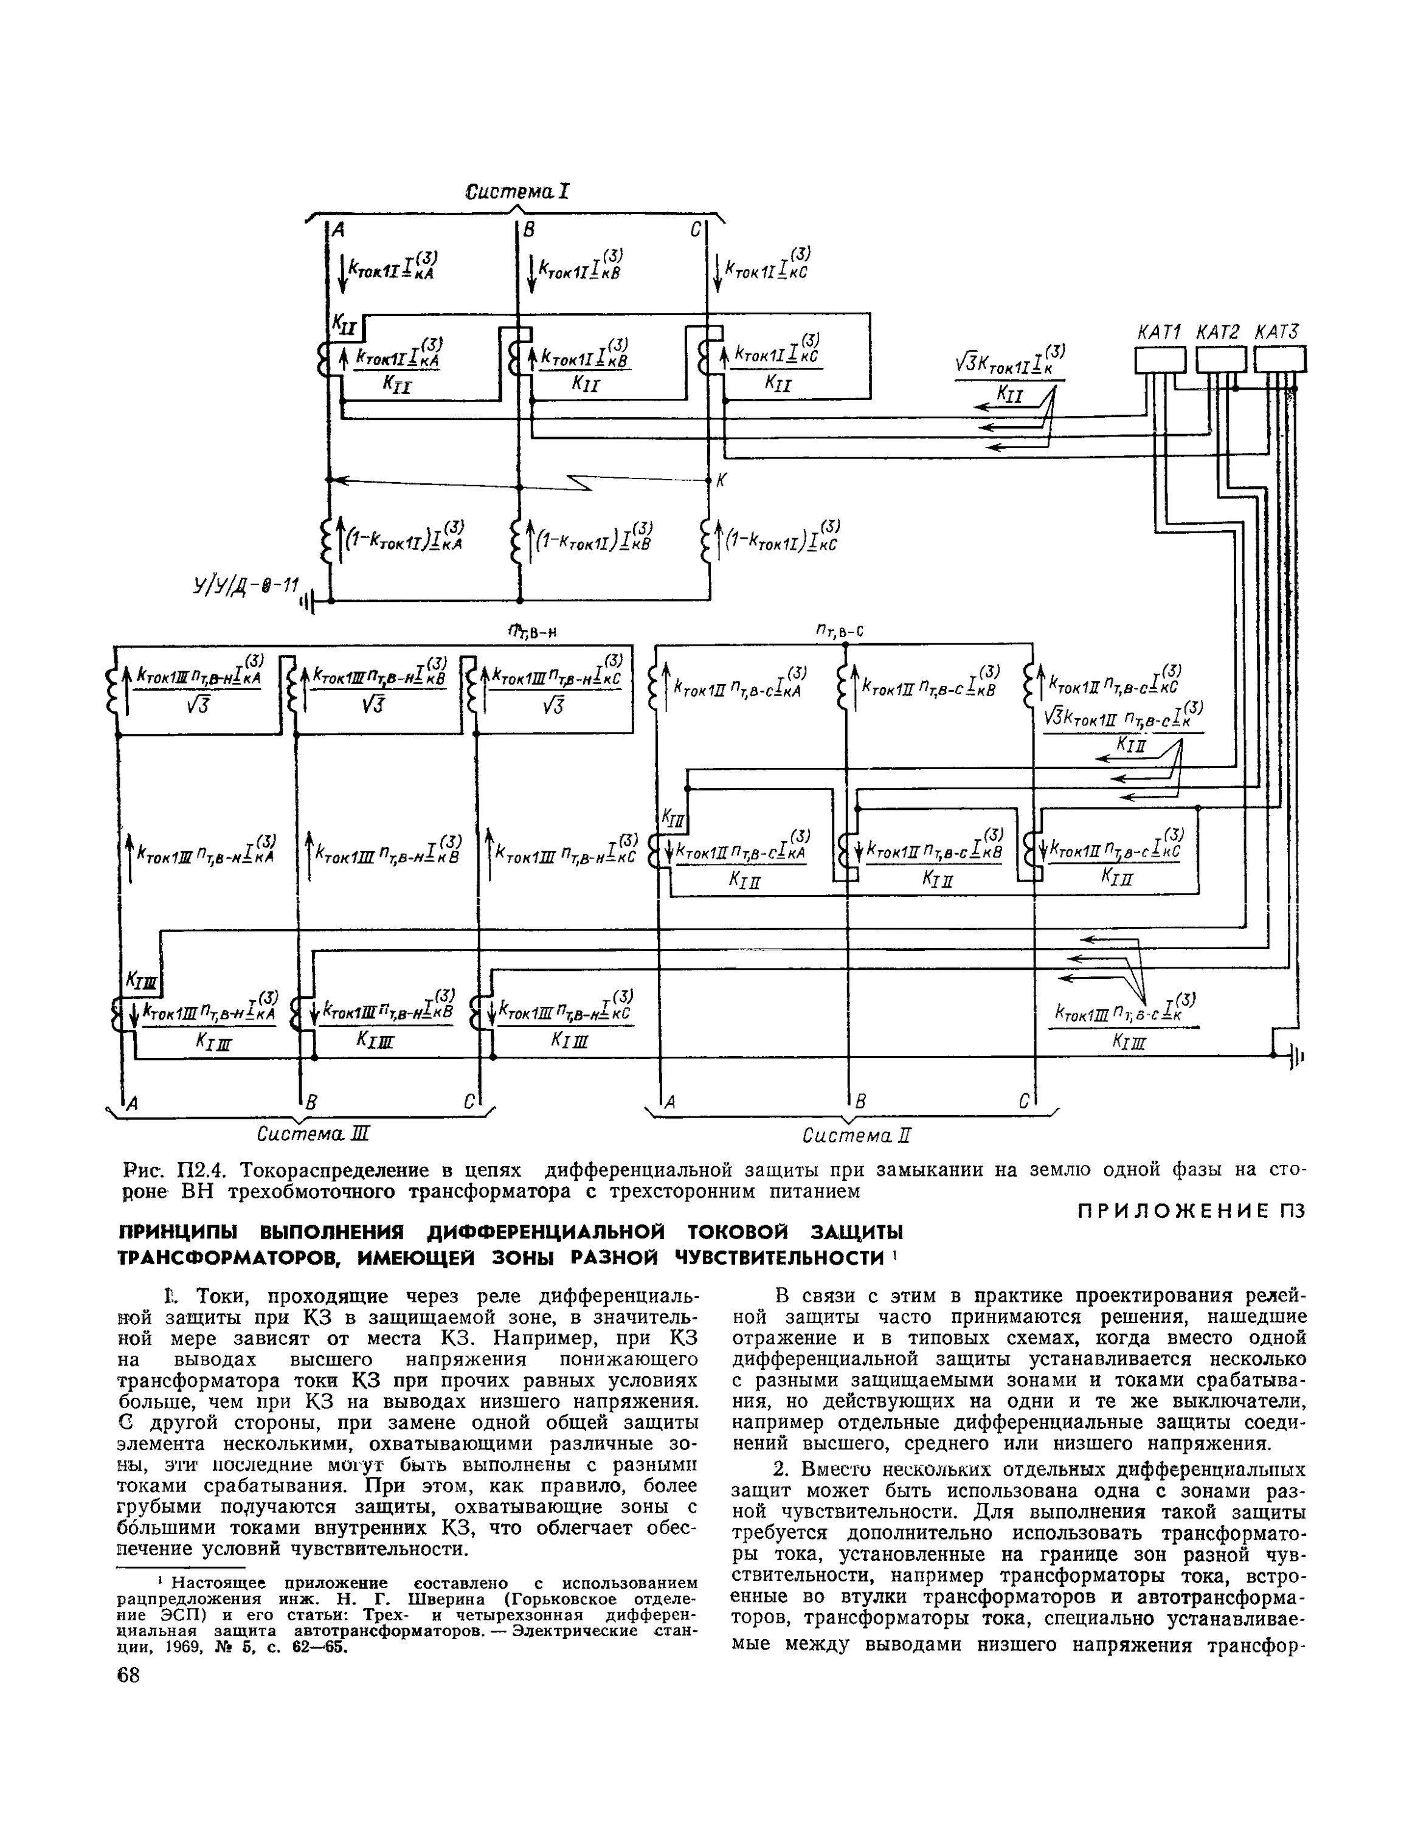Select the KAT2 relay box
(1220, 360)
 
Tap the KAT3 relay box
(1279, 360)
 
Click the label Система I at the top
(517, 192)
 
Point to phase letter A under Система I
(339, 230)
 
